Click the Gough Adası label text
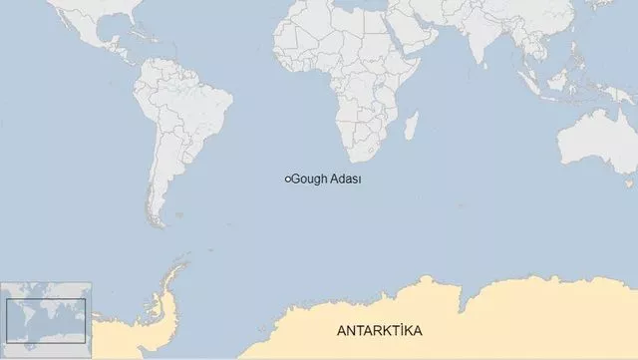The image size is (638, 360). coord(326,180)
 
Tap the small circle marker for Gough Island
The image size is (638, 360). coord(287,180)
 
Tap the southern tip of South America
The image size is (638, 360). coord(156,223)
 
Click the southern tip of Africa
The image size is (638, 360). coord(355,159)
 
